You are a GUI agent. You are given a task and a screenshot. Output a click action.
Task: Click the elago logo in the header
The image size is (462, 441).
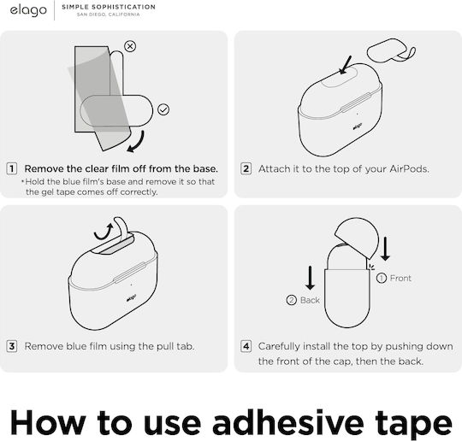[x=28, y=11]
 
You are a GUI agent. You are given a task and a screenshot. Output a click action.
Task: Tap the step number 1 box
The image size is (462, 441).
[x=12, y=168]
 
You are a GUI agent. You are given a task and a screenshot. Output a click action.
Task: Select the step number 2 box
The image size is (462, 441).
[x=246, y=168]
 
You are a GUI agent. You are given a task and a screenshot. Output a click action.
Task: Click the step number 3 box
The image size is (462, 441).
[x=12, y=346]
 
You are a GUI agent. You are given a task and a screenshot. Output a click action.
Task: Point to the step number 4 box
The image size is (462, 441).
[x=246, y=346]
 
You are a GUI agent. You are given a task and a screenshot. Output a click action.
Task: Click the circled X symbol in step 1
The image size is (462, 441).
[x=130, y=46]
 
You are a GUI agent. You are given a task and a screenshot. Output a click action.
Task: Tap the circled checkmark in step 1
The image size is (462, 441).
[x=163, y=109]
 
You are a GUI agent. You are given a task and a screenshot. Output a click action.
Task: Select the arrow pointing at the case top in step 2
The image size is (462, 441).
[x=346, y=65]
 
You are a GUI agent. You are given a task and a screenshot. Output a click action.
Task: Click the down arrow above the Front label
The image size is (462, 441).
[x=385, y=249]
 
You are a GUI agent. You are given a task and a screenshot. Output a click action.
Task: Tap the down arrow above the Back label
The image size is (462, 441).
[x=310, y=278]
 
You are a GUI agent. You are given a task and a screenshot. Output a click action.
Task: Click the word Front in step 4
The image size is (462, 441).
[x=400, y=279]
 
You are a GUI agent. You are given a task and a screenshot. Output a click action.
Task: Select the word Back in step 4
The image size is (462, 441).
[x=310, y=300]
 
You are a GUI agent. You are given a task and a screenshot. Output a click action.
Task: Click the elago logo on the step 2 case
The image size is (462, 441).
[x=357, y=126]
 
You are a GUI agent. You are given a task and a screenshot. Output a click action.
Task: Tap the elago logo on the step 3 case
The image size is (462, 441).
[x=131, y=298]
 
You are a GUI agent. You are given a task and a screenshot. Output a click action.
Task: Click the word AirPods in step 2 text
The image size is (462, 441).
[x=409, y=169]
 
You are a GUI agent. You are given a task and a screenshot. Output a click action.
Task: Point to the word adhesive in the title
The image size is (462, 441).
[x=287, y=423]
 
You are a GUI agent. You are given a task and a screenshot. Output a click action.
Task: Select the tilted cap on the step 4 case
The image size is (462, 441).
[x=357, y=238]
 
